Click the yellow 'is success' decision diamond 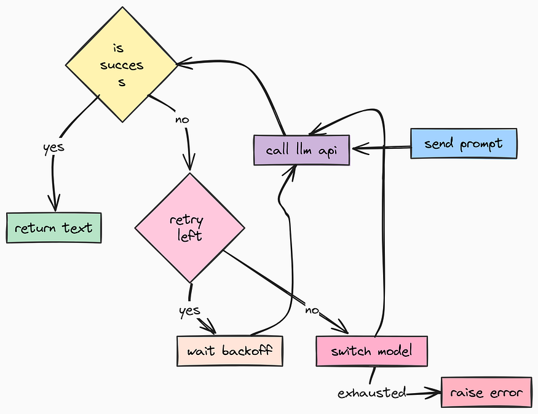pos(122,65)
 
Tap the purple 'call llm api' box pos(301,150)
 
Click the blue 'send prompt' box pos(463,143)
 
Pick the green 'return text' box pos(53,228)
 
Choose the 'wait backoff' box pos(229,351)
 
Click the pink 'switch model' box pos(371,351)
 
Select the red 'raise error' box pos(486,392)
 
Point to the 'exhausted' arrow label pos(371,392)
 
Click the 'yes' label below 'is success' pos(53,148)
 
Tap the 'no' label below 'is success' pos(182,119)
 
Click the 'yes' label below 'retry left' pos(189,310)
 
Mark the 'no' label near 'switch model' pos(311,310)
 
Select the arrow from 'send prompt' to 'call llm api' pos(381,148)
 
